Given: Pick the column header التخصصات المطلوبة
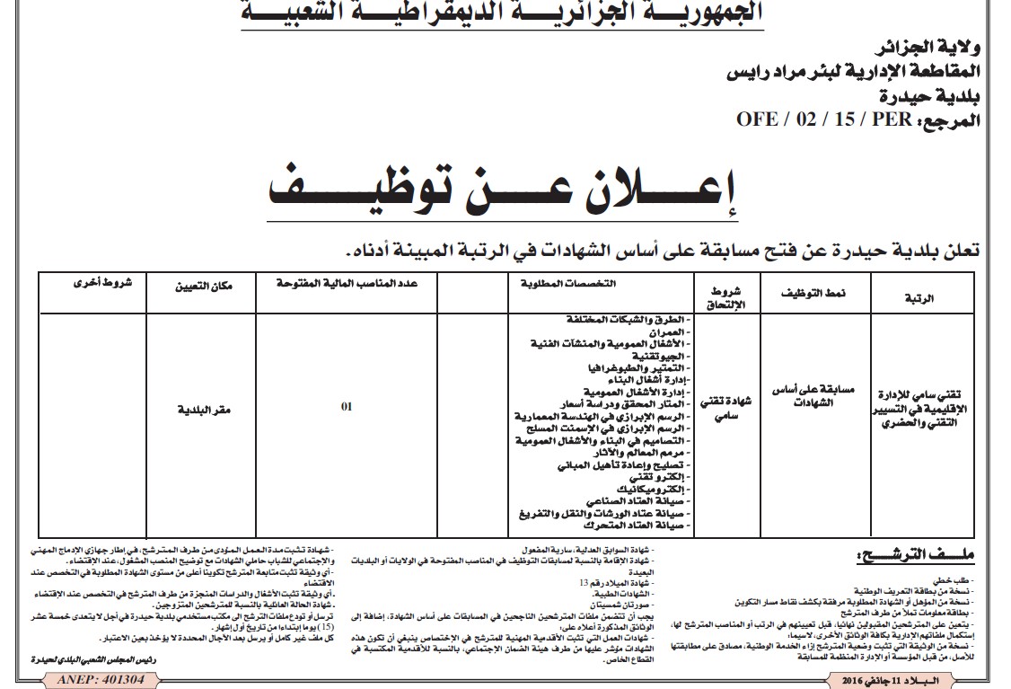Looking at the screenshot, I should click(x=567, y=284).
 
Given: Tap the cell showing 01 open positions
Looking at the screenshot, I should click(x=347, y=406).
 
